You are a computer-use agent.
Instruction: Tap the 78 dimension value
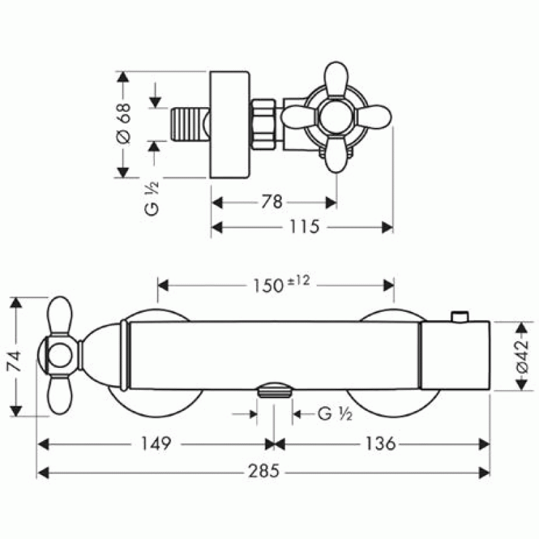272,201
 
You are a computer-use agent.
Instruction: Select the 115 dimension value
305,226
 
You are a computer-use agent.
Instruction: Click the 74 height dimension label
15,361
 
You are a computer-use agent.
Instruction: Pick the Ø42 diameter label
523,356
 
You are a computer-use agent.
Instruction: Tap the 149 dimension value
156,443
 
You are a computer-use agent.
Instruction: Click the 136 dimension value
380,443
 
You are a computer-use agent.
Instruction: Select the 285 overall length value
263,471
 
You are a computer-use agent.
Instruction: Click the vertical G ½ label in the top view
152,198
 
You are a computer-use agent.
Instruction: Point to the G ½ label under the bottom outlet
335,414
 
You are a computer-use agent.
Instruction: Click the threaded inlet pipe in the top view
190,124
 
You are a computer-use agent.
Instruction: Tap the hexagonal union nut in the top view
263,125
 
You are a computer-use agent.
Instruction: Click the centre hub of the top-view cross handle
336,117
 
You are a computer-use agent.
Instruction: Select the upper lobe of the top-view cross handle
336,80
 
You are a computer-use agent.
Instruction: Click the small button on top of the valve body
460,317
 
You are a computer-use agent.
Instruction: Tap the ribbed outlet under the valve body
275,391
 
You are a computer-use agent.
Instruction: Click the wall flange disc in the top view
229,125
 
